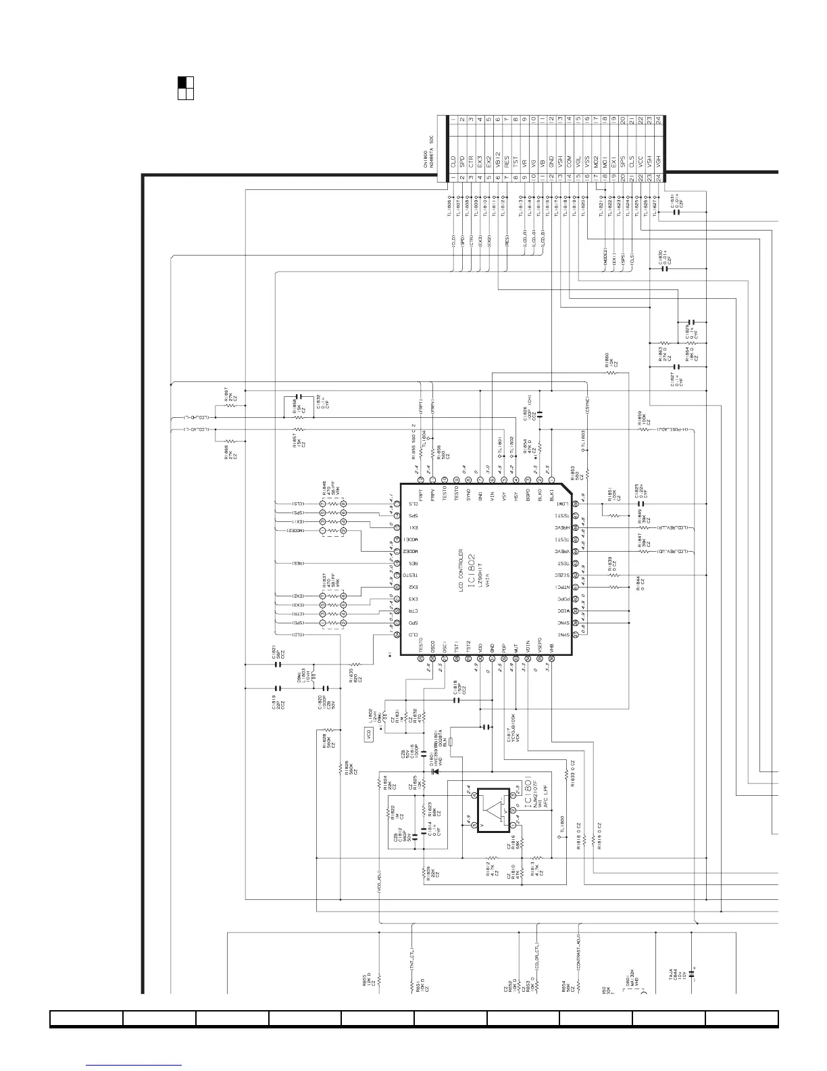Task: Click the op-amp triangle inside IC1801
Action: point(497,810)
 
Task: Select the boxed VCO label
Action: point(369,735)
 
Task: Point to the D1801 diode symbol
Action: point(435,771)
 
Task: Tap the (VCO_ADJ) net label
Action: point(380,884)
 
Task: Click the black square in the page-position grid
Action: point(182,82)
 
